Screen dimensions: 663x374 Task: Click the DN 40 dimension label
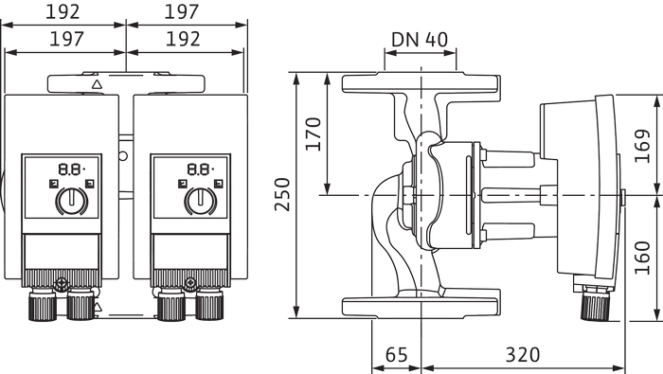419,40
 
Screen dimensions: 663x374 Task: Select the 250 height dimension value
282,194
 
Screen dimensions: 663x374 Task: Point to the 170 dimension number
314,134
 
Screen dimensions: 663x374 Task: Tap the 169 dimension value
642,146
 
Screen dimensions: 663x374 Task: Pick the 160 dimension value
642,258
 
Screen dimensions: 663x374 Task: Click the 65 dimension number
397,354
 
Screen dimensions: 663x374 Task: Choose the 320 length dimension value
523,354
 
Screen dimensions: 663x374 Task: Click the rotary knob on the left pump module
71,201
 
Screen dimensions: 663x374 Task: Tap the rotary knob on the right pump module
201,201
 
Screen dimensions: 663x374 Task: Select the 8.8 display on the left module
71,169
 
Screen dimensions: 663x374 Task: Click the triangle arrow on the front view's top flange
98,84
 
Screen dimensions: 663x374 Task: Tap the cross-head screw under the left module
62,283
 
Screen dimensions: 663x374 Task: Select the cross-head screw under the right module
190,283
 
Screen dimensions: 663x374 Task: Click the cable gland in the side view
596,303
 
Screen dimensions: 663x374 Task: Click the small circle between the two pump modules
123,156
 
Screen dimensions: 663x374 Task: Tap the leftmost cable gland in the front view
43,304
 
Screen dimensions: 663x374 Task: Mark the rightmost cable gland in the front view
209,304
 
